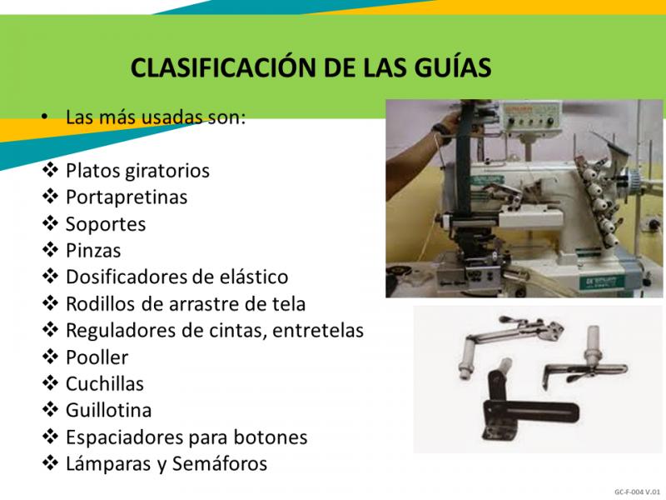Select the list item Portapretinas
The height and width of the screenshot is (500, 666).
coord(127,197)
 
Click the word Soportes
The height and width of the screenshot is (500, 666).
coord(106,224)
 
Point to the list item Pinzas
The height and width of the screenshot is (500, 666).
coord(93,251)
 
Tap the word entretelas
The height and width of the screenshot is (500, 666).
coord(318,330)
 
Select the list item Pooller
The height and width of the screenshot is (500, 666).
coord(97,357)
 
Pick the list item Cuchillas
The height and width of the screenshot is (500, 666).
coord(105,383)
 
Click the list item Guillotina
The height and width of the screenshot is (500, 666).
coord(109,410)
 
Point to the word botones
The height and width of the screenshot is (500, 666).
coord(271,437)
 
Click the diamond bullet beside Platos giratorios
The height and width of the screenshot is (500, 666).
coord(50,170)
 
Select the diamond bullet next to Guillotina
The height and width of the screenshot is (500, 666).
coord(50,409)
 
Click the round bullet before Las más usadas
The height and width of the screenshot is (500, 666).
coord(45,117)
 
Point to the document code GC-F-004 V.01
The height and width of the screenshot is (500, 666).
coord(637,492)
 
